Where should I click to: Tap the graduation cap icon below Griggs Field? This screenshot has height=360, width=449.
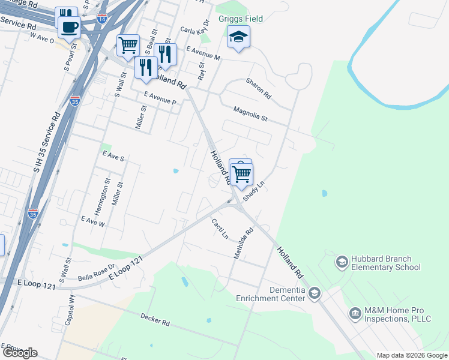[238, 37]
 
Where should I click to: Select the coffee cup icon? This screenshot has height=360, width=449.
[70, 26]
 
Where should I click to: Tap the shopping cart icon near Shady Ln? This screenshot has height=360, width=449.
[241, 175]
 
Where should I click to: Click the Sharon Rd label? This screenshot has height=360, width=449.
[259, 88]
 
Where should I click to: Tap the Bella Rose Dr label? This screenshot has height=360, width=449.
[96, 273]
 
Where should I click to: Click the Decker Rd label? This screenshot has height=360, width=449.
[155, 319]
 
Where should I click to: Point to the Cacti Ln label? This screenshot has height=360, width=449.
[220, 229]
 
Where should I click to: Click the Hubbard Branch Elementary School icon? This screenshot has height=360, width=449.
[342, 262]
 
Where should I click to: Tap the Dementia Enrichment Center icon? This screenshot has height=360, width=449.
[315, 293]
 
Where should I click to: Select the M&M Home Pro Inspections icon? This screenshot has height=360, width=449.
[355, 313]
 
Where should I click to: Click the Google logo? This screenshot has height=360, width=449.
[19, 352]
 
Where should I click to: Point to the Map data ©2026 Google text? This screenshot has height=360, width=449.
[412, 355]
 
